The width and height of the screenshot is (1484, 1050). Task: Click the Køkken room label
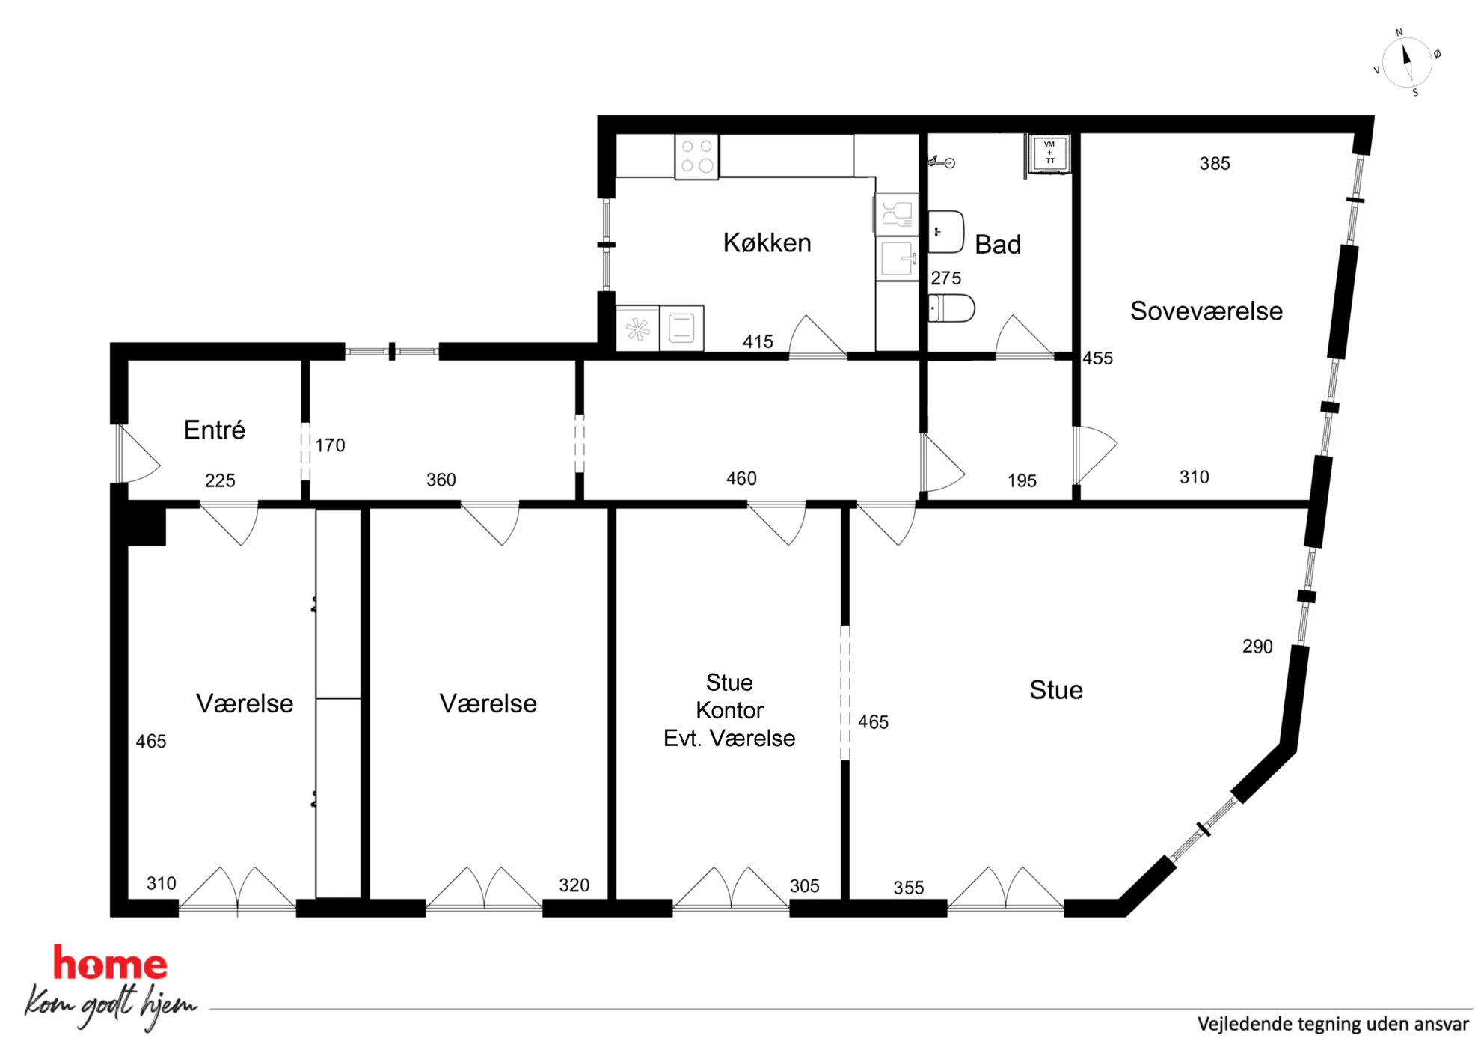tap(767, 242)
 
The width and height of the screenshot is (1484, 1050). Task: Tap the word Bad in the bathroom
tap(998, 245)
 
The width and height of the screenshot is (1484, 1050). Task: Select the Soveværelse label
tap(1206, 311)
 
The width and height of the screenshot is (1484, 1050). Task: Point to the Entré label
tap(215, 430)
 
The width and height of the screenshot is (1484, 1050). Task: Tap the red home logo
tap(110, 964)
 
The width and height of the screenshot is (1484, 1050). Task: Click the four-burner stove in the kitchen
tap(696, 156)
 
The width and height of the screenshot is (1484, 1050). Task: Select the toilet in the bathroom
tap(951, 308)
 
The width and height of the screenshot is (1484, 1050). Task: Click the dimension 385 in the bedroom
tap(1215, 163)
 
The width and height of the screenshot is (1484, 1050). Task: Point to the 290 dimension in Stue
tap(1257, 647)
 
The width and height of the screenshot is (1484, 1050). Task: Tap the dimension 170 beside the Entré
tap(330, 445)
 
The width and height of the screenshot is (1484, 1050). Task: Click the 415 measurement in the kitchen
tap(758, 342)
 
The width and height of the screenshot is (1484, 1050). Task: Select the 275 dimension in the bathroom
tap(946, 278)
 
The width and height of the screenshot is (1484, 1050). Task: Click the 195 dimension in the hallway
tap(1022, 481)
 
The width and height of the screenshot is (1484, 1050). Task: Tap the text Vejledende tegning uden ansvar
tap(1333, 1024)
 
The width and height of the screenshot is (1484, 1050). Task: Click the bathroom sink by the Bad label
tap(946, 232)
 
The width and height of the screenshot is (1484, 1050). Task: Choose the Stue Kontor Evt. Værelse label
tap(729, 710)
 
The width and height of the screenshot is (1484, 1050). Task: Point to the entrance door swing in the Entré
tap(138, 454)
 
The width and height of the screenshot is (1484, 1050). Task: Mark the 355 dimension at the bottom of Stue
tap(909, 888)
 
